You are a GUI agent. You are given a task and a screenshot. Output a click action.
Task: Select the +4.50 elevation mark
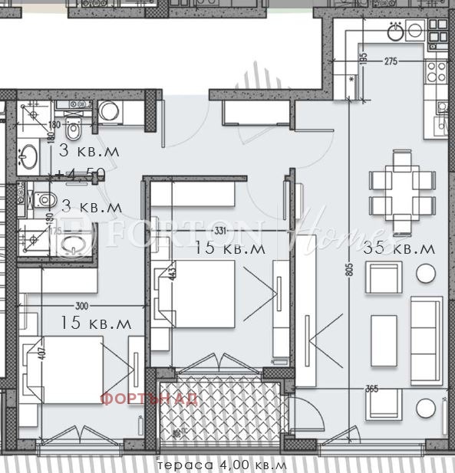click(79, 173)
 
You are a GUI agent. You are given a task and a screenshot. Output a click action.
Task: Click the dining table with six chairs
click(402, 192)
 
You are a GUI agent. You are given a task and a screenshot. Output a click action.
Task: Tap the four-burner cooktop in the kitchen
click(438, 71)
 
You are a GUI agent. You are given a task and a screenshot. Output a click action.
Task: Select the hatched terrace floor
click(223, 414)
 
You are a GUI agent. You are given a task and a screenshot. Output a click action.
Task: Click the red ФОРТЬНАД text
click(150, 399)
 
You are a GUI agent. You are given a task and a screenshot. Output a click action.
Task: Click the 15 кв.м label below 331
click(230, 248)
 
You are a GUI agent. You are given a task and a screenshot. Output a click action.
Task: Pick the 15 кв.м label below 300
click(96, 323)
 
